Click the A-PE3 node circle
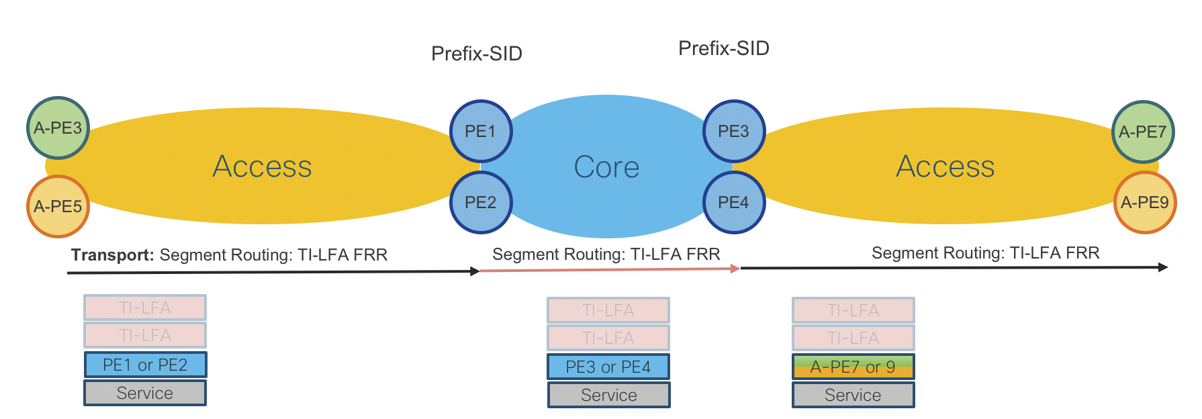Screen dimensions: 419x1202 click(58, 128)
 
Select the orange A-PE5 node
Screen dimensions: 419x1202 click(58, 206)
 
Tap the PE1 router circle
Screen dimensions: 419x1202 click(481, 131)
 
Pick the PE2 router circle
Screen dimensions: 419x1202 click(481, 202)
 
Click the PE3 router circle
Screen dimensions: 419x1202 click(734, 131)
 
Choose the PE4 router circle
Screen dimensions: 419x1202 click(734, 202)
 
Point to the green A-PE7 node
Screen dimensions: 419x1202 click(1143, 132)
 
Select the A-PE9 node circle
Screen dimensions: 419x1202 click(1145, 202)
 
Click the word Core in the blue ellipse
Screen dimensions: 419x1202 click(606, 167)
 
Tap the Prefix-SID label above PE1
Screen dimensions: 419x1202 click(477, 54)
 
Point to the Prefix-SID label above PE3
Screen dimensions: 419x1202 click(724, 48)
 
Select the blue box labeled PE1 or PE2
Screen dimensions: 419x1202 click(145, 365)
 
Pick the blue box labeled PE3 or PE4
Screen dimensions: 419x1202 click(608, 367)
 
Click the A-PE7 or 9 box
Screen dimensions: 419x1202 click(853, 367)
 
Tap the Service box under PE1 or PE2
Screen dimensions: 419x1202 click(145, 393)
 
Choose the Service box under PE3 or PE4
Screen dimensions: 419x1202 click(608, 395)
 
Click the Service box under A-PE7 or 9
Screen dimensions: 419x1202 click(853, 395)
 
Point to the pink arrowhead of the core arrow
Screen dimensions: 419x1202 click(735, 269)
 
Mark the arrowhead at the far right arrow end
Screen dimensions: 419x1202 click(1164, 267)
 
